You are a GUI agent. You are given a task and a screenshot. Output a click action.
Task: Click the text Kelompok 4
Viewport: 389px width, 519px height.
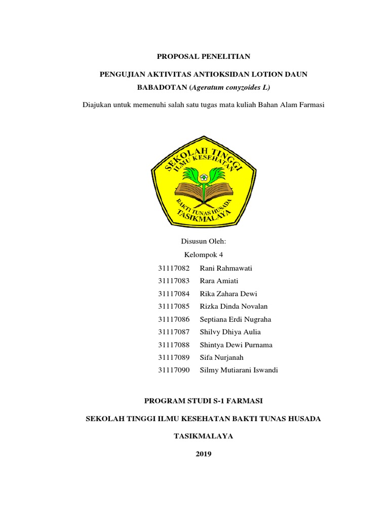pyautogui.click(x=203, y=255)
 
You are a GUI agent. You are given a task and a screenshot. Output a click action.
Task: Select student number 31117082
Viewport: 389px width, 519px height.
pyautogui.click(x=173, y=268)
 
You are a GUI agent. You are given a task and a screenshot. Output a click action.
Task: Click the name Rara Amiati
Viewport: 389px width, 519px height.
pyautogui.click(x=219, y=281)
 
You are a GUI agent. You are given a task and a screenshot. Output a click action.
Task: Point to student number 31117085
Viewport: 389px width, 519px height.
pyautogui.click(x=173, y=306)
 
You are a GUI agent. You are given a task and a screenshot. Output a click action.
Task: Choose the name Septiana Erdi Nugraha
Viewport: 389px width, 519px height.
pyautogui.click(x=236, y=319)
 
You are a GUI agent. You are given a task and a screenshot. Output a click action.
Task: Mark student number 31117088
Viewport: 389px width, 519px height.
pyautogui.click(x=173, y=345)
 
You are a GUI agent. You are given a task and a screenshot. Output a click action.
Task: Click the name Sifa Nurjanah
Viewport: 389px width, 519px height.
pyautogui.click(x=222, y=357)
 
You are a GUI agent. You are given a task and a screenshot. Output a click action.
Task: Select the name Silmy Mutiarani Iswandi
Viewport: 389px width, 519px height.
pyautogui.click(x=239, y=370)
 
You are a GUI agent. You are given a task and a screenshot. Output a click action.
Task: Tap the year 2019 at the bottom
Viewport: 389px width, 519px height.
pyautogui.click(x=203, y=454)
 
